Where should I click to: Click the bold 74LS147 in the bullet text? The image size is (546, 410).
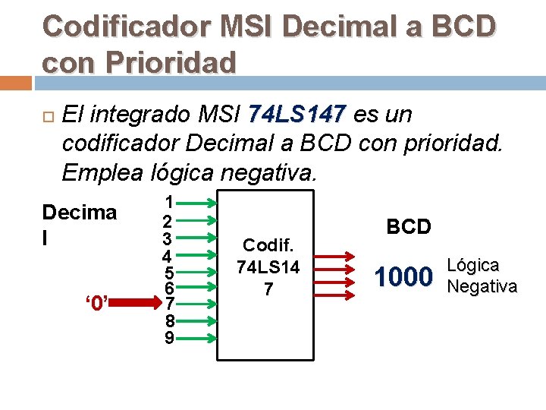[x=297, y=115]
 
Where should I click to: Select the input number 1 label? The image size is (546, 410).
[x=170, y=202]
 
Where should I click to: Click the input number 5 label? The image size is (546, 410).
[x=170, y=272]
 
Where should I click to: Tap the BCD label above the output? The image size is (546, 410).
[x=409, y=226]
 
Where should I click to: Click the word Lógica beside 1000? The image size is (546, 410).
[x=474, y=266]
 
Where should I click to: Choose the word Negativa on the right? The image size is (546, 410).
[x=482, y=286]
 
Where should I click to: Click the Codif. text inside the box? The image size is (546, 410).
[x=268, y=244]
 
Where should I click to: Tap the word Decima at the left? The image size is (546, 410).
[x=80, y=213]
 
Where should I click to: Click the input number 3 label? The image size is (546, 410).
[x=170, y=238]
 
